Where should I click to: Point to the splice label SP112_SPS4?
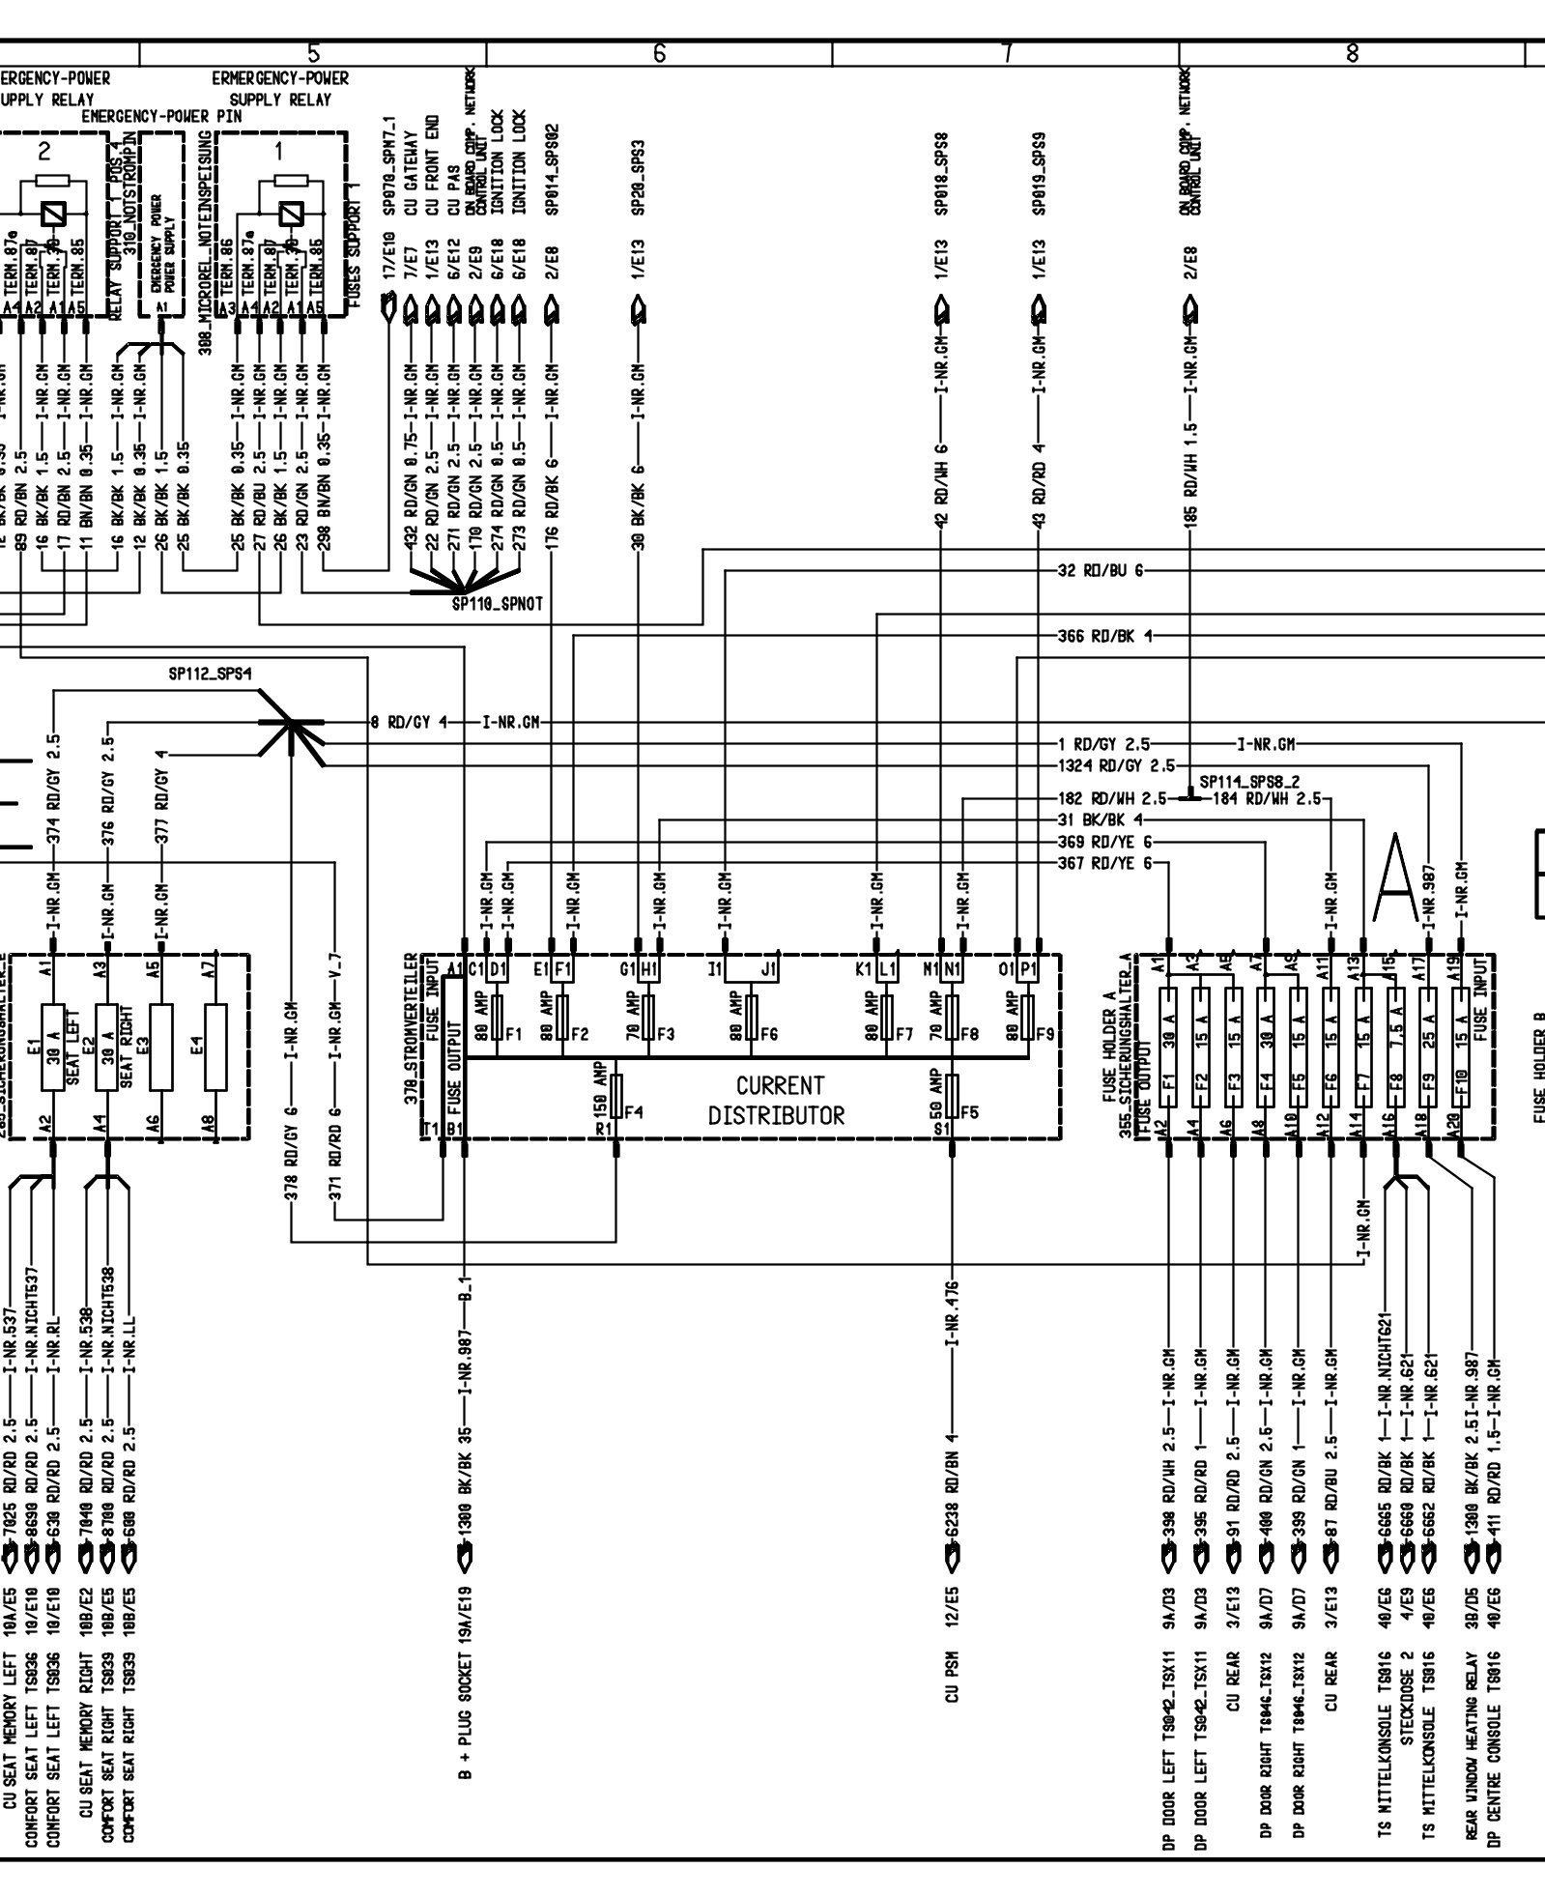pyautogui.click(x=210, y=675)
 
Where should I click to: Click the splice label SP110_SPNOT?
pyautogui.click(x=497, y=604)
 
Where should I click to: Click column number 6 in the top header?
pyautogui.click(x=660, y=54)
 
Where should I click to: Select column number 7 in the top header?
pyautogui.click(x=1007, y=54)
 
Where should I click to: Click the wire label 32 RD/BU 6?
pyautogui.click(x=1101, y=570)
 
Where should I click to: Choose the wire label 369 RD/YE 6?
pyautogui.click(x=1105, y=842)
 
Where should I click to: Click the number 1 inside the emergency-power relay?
pyautogui.click(x=280, y=150)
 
